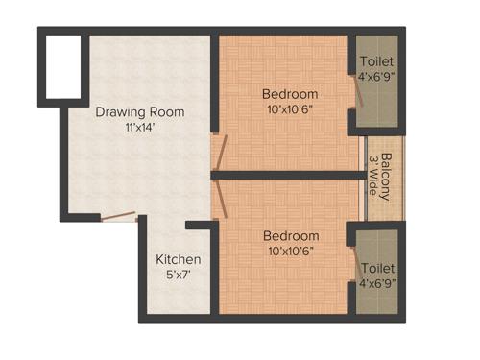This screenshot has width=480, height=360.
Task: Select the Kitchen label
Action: [179, 259]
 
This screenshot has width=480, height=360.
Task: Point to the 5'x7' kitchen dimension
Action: [179, 275]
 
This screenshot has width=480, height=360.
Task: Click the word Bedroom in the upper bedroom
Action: [290, 94]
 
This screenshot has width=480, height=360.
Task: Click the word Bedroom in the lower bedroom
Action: [290, 235]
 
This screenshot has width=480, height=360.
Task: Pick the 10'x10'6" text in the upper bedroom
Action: [290, 109]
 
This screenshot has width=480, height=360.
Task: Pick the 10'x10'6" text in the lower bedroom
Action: [290, 252]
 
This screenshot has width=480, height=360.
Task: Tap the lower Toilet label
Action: [377, 269]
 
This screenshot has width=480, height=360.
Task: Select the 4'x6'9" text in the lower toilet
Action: [377, 284]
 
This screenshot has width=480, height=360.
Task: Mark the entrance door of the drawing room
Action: [119, 218]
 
